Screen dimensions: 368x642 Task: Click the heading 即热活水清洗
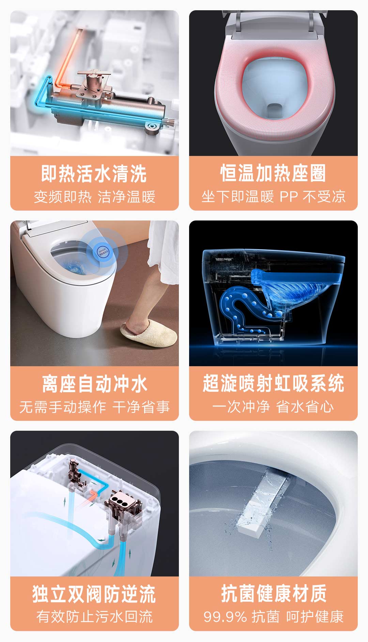click(94, 173)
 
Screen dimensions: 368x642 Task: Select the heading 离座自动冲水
click(94, 384)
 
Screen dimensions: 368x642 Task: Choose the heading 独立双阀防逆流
click(94, 594)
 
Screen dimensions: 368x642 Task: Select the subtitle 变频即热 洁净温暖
click(94, 197)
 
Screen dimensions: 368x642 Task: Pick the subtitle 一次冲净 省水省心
click(273, 407)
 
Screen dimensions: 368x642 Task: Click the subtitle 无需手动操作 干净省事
click(94, 407)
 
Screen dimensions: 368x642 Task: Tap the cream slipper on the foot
click(149, 334)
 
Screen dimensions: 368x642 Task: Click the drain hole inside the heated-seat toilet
click(275, 110)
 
